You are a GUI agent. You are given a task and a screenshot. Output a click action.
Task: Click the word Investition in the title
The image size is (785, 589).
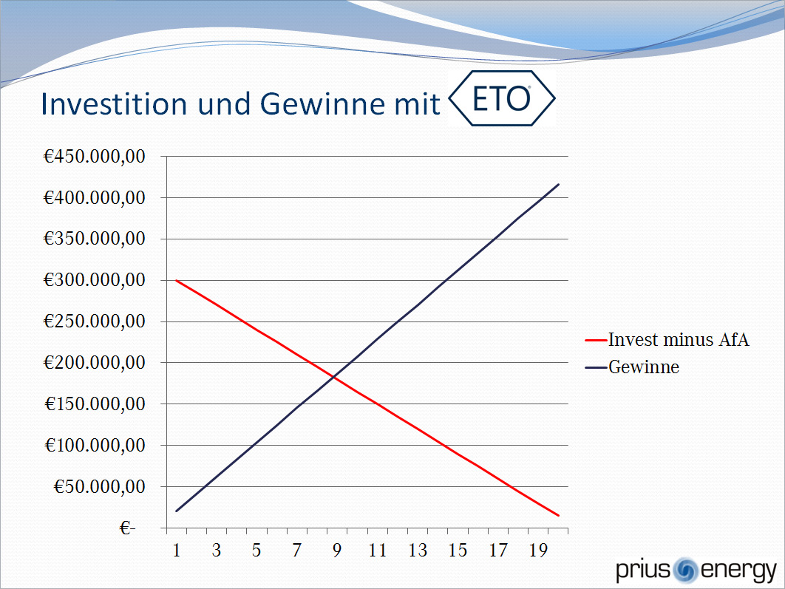click(114, 103)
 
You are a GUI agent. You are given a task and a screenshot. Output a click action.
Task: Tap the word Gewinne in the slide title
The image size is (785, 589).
click(323, 103)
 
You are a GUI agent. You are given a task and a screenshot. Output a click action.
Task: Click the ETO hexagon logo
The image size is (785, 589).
click(502, 98)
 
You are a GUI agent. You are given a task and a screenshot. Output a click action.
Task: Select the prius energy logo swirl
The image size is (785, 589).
click(685, 571)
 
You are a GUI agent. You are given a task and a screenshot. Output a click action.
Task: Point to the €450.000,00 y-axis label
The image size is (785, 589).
click(95, 156)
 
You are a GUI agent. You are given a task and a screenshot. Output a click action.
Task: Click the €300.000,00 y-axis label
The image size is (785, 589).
click(95, 280)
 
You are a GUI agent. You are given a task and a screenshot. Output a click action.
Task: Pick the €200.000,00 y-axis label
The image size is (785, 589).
click(95, 362)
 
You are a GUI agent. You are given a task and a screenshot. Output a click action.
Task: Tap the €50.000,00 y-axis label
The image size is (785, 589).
click(100, 486)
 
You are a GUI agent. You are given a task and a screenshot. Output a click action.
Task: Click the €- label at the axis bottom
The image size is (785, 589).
click(127, 528)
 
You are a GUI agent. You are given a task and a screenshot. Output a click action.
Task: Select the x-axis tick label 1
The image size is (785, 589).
click(176, 551)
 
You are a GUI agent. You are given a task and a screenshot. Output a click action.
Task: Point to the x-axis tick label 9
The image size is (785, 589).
click(337, 551)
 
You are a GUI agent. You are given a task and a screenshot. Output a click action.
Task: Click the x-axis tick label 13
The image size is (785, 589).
click(418, 551)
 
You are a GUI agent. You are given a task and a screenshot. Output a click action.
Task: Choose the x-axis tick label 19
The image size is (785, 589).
click(538, 551)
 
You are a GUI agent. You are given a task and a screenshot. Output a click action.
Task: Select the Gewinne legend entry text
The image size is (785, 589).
click(644, 367)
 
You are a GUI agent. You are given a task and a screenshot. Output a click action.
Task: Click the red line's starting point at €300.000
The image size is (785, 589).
click(176, 280)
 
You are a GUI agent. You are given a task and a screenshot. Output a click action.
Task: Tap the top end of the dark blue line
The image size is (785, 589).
click(559, 184)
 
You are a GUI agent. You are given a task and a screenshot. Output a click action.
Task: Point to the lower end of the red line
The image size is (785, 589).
click(559, 515)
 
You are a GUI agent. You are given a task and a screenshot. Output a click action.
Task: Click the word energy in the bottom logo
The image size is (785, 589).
click(738, 571)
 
